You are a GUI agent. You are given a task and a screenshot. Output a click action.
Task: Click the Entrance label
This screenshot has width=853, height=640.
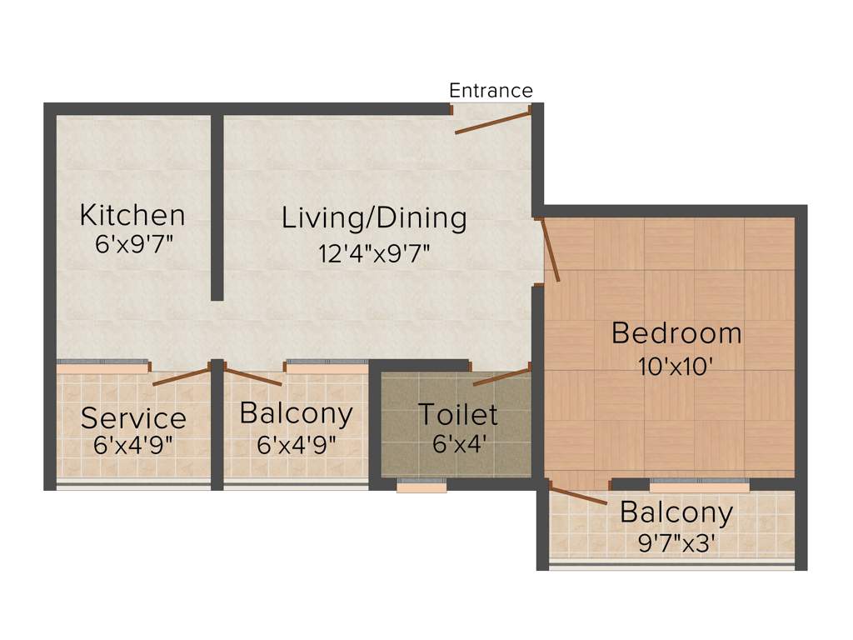[x=491, y=90]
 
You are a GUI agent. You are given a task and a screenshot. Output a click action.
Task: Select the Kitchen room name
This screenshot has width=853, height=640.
[x=132, y=215]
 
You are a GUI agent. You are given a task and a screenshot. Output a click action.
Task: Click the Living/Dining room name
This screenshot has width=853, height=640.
[x=374, y=218]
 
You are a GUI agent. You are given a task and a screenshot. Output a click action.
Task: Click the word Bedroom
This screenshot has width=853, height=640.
[x=676, y=333]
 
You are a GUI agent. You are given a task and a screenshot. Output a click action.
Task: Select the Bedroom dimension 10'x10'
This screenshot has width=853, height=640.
[x=676, y=366]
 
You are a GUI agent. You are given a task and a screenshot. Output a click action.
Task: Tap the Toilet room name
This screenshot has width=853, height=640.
[x=457, y=414]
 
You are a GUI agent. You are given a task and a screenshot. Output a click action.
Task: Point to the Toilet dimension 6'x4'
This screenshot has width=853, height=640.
[x=457, y=442]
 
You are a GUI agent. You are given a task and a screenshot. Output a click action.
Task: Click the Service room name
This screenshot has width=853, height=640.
[x=133, y=417]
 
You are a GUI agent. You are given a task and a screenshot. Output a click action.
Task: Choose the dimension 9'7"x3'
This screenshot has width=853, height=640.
[x=676, y=543]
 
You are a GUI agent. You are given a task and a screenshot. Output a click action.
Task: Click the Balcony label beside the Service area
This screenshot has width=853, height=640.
[x=296, y=414]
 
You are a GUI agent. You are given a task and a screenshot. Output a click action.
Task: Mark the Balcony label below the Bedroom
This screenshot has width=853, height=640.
[x=676, y=512]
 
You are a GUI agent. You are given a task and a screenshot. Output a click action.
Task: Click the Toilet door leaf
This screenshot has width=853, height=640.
[x=501, y=376]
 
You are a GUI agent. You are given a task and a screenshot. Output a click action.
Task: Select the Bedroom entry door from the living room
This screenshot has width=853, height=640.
[x=550, y=248]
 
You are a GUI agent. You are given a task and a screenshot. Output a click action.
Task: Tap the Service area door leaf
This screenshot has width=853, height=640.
[x=181, y=377]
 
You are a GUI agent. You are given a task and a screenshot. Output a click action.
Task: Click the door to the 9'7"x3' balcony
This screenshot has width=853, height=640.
[x=578, y=496]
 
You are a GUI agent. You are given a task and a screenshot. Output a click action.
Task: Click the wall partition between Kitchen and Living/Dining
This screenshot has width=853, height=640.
[x=217, y=208]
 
